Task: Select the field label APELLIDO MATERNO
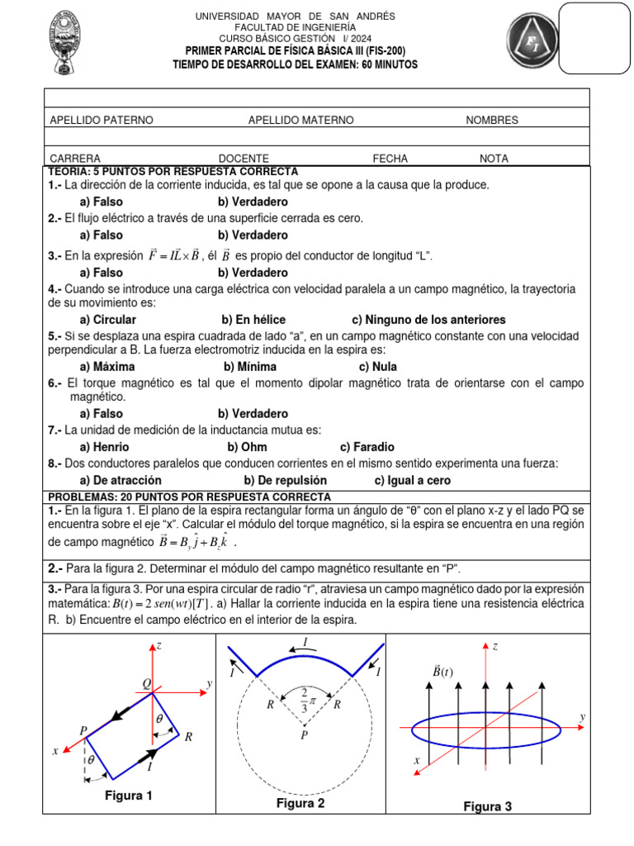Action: tap(300, 121)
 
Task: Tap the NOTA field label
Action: tap(494, 159)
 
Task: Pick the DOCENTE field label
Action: tap(244, 159)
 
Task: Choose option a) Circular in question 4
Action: tap(108, 320)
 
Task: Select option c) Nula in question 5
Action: tap(377, 367)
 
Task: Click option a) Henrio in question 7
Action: tap(105, 447)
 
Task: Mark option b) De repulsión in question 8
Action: tap(286, 480)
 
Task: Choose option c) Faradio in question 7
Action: tap(367, 447)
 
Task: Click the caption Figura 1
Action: tap(128, 796)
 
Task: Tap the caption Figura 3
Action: tap(487, 806)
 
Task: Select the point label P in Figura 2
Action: tap(304, 735)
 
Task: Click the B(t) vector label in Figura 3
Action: tap(442, 672)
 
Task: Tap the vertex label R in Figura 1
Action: tap(188, 737)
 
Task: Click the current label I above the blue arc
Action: tap(305, 642)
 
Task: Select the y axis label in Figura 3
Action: tap(582, 716)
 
